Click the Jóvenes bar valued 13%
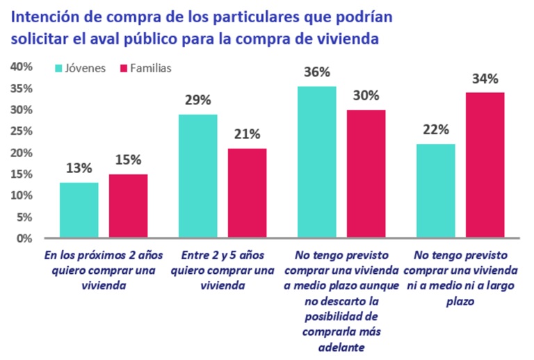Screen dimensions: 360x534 (x=79, y=211)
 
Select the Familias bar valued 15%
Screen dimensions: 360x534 (x=128, y=206)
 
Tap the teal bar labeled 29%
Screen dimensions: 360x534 (x=197, y=177)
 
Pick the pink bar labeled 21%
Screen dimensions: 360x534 (x=247, y=193)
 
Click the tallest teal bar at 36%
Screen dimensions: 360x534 (x=316, y=163)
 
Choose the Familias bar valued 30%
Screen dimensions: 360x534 (x=366, y=174)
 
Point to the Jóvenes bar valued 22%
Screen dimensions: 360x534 (x=435, y=191)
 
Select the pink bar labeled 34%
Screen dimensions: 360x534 (x=485, y=165)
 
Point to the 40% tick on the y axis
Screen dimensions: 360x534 (x=22, y=67)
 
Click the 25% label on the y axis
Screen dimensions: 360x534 (x=22, y=131)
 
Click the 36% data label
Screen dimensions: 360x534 (x=316, y=72)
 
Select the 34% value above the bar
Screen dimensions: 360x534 (x=485, y=78)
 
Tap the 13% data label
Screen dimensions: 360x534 (x=79, y=168)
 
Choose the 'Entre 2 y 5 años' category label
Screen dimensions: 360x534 (x=222, y=256)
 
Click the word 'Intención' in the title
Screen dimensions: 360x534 (x=45, y=15)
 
